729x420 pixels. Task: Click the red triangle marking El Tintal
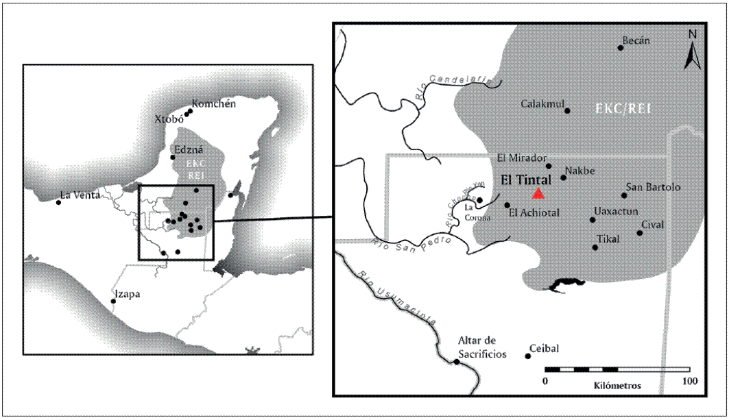click(539, 194)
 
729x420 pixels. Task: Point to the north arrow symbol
click(692, 50)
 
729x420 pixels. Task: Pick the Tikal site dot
click(595, 247)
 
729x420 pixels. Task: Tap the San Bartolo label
click(653, 187)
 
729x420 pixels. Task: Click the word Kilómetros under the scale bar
click(617, 386)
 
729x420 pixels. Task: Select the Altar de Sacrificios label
click(483, 347)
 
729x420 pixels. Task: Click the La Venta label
click(80, 195)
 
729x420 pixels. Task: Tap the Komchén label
click(213, 104)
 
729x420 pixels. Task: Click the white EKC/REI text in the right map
click(623, 109)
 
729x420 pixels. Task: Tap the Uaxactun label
click(616, 211)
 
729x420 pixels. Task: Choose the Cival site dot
click(640, 233)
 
